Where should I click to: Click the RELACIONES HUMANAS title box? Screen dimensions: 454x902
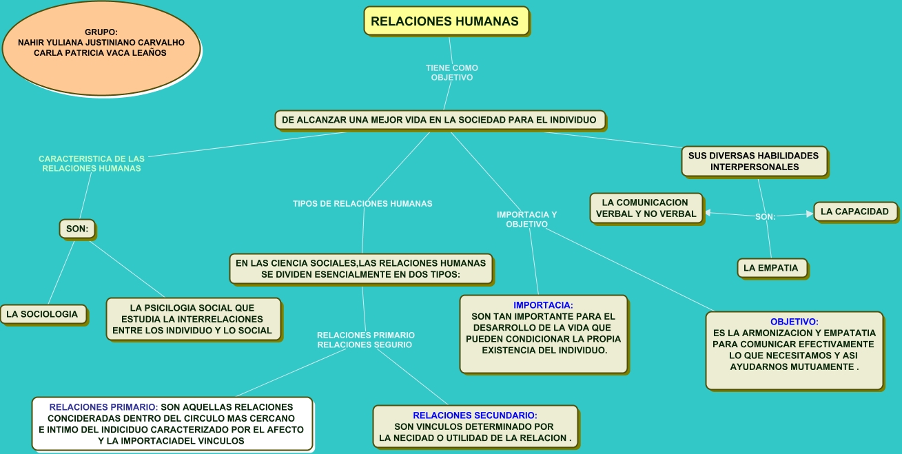(x=446, y=21)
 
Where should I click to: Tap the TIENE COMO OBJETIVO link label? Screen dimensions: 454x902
(x=451, y=73)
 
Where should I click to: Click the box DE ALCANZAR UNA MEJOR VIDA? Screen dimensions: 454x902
(x=440, y=120)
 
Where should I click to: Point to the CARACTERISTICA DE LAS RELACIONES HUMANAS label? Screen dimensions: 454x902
(x=92, y=163)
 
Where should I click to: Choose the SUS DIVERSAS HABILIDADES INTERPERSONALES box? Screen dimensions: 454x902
(x=754, y=161)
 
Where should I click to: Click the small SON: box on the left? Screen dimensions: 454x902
(x=77, y=229)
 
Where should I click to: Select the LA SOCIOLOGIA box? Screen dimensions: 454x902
(x=43, y=314)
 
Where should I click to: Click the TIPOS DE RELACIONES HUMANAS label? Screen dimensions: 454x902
(x=362, y=204)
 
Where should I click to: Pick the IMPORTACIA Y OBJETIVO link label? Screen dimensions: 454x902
(x=526, y=219)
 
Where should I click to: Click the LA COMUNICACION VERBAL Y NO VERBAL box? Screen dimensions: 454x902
(x=646, y=208)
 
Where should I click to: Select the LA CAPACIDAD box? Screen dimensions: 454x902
(x=855, y=211)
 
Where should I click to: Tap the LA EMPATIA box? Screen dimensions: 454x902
(x=772, y=268)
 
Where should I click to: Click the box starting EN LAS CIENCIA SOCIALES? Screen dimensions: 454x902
(x=360, y=268)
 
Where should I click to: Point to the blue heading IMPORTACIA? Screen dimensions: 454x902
(x=543, y=305)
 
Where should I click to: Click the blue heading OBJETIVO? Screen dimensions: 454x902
(x=794, y=322)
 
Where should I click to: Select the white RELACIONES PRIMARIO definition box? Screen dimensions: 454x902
(x=172, y=424)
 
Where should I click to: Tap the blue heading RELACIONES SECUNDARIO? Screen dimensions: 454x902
(x=475, y=415)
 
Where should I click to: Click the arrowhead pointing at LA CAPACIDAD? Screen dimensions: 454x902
(x=810, y=214)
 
